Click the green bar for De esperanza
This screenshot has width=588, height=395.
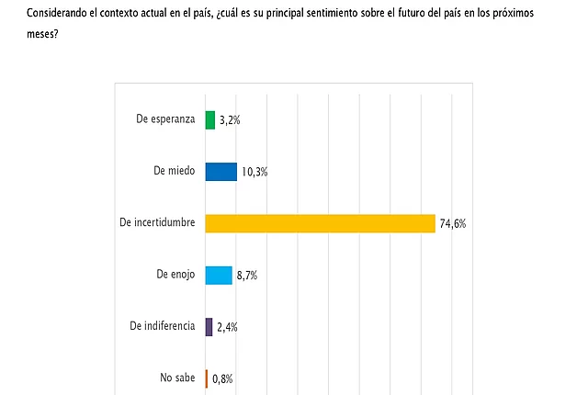[210, 120]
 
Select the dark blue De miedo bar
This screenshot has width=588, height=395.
[221, 172]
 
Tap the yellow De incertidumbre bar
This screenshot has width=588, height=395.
[321, 224]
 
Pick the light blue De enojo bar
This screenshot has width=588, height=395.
[219, 276]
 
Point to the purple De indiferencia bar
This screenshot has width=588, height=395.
[209, 327]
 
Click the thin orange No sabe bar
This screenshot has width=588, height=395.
[207, 378]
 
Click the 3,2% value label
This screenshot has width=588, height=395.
[230, 120]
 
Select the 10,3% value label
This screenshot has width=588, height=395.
[254, 172]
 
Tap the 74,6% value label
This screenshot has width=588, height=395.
[453, 224]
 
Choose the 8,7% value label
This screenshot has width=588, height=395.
[247, 276]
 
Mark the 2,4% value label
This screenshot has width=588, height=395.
[227, 327]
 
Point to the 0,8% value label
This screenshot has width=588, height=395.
[222, 378]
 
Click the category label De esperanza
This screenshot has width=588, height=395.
[165, 119]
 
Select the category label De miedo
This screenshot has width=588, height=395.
[175, 171]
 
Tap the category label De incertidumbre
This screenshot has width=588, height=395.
[157, 222]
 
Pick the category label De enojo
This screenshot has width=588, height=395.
[175, 275]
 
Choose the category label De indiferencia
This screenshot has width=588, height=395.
[163, 326]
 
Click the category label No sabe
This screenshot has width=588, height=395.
[177, 378]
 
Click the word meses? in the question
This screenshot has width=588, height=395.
[42, 34]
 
